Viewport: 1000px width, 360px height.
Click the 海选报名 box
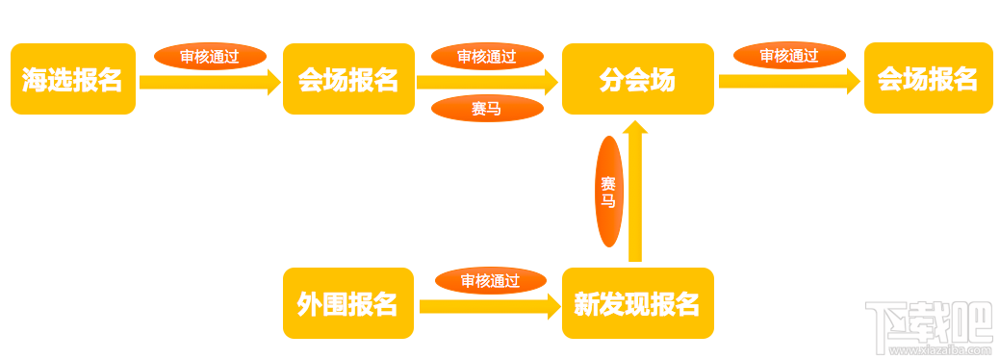(73, 79)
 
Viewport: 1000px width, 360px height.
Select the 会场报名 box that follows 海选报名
(347, 79)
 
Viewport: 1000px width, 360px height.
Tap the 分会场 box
(637, 79)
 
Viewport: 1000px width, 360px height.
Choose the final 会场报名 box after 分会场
(928, 79)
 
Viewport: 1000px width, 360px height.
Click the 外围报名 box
(347, 303)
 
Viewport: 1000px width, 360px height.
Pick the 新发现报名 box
(637, 303)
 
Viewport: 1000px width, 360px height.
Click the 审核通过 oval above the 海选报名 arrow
(210, 56)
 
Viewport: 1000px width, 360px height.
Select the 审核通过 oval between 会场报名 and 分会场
(487, 56)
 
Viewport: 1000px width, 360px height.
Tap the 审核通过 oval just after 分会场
(789, 56)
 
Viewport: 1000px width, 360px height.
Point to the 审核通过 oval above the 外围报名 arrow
(490, 281)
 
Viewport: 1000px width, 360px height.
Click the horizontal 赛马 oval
(486, 109)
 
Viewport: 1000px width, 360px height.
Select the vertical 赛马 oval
(608, 191)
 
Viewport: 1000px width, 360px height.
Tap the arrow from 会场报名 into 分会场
(487, 82)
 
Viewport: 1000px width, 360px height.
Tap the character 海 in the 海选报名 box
(35, 80)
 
